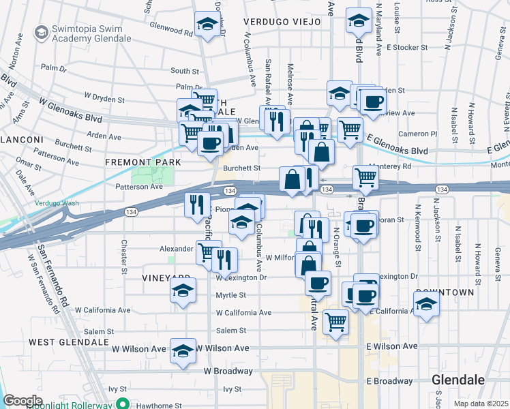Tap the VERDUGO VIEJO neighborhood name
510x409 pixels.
(x=283, y=22)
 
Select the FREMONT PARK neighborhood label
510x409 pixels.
(x=143, y=162)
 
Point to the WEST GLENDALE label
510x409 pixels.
(x=68, y=341)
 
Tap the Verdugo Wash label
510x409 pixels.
(x=57, y=203)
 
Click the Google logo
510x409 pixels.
(x=22, y=401)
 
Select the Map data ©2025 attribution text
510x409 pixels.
(x=480, y=404)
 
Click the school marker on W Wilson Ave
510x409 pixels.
(x=182, y=352)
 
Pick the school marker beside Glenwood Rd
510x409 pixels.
(x=206, y=26)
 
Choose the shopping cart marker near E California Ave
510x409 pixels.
(x=335, y=321)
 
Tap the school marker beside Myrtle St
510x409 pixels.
(x=182, y=291)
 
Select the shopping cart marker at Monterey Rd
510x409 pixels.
(x=366, y=178)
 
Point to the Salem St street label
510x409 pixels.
(x=230, y=331)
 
